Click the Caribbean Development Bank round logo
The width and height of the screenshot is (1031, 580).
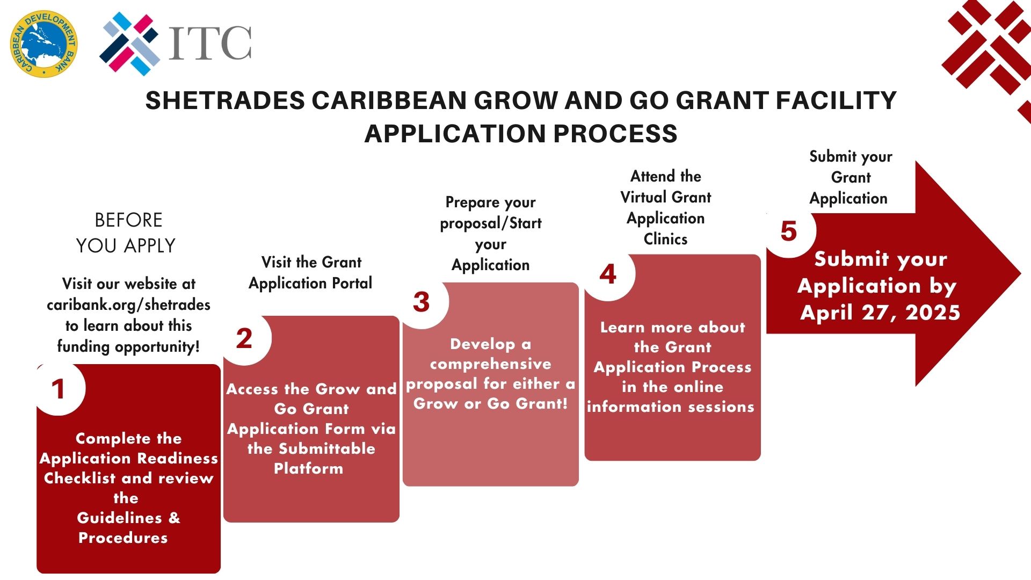[x=44, y=44]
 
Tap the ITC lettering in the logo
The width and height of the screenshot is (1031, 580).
[x=210, y=42]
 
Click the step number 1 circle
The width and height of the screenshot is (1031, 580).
[x=59, y=389]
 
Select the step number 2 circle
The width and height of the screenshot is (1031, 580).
[x=245, y=338]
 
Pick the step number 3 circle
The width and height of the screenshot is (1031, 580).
[x=423, y=302]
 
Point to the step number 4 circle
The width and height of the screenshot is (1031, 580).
[x=609, y=274]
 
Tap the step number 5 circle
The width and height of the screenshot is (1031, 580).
[x=789, y=231]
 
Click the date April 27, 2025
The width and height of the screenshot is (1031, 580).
[x=880, y=313]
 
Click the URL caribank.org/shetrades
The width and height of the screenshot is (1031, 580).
[x=128, y=305]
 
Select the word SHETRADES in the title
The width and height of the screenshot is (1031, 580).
[x=225, y=100]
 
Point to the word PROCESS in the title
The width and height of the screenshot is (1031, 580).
[x=615, y=133]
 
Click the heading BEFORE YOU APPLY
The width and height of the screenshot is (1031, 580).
[x=127, y=233]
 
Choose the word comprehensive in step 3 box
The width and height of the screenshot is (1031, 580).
[x=491, y=364]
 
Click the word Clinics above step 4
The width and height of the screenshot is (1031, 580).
[x=665, y=239]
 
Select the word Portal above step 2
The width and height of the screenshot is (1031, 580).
[x=352, y=283]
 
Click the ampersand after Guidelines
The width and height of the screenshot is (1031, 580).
[x=175, y=518]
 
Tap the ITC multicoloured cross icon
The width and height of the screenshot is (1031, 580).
[x=129, y=44]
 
